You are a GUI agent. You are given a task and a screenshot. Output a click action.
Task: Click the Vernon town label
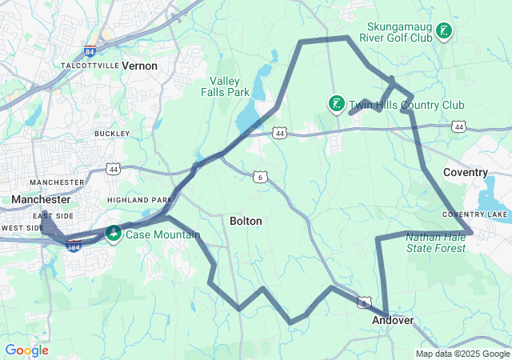pyautogui.click(x=139, y=66)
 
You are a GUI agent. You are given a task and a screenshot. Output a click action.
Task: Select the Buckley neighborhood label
pyautogui.click(x=112, y=134)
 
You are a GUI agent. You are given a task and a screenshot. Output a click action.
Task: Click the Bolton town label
pyautogui.click(x=245, y=221)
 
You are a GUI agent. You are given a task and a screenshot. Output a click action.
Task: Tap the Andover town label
pyautogui.click(x=393, y=320)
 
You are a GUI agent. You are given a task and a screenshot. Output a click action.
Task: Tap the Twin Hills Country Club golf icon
pyautogui.click(x=337, y=103)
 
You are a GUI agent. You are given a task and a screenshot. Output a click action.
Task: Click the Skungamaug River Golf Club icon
pyautogui.click(x=444, y=32)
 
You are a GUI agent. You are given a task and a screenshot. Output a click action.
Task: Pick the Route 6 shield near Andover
pyautogui.click(x=364, y=303)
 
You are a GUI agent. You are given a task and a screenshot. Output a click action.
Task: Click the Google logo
pyautogui.click(x=26, y=350)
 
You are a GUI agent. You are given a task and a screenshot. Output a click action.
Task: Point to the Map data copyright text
pyautogui.click(x=462, y=354)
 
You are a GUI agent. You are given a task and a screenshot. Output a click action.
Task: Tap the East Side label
pyautogui.click(x=54, y=216)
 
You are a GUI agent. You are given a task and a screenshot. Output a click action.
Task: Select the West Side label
pyautogui.click(x=22, y=228)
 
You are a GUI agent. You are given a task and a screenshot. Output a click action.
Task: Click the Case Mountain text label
pyautogui.click(x=162, y=234)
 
